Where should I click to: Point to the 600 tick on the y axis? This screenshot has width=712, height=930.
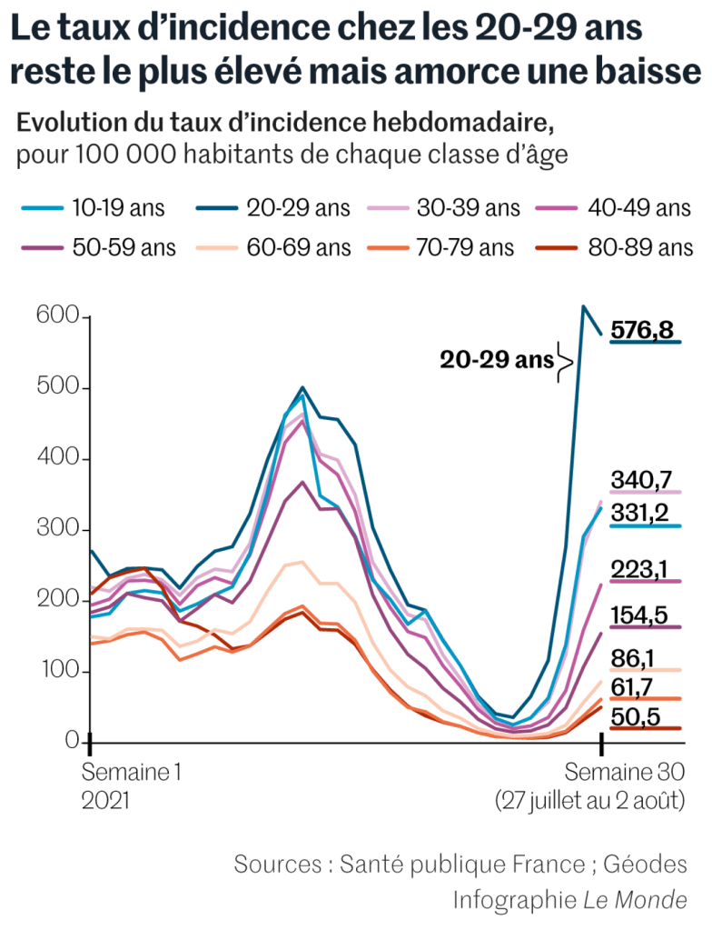(x=54, y=317)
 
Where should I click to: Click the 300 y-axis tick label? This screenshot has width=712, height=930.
(x=54, y=530)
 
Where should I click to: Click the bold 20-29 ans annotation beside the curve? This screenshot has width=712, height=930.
(x=496, y=360)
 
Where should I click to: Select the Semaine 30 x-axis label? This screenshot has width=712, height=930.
(x=628, y=773)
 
